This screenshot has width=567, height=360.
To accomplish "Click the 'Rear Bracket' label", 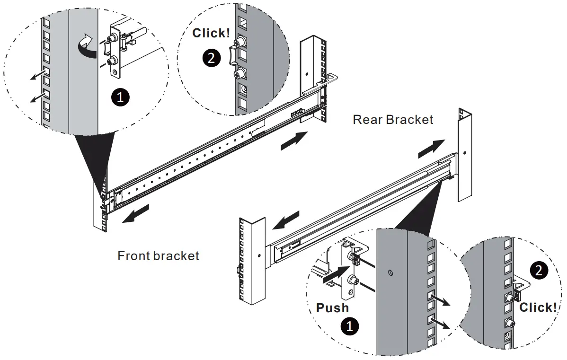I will (393, 119).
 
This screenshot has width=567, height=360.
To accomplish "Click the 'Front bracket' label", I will (158, 256).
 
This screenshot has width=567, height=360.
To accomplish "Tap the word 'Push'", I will (332, 307).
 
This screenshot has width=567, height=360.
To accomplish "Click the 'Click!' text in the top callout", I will (211, 33).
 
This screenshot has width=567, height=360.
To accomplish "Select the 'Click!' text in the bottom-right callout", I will (538, 307).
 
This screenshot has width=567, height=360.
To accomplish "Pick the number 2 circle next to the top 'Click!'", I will (211, 58).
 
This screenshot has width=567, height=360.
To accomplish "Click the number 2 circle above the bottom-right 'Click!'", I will (539, 270).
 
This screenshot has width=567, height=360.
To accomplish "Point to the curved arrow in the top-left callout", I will (87, 46).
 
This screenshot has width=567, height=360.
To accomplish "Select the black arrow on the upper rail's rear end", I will (293, 141).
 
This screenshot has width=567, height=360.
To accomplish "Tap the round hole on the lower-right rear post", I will (464, 154).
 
